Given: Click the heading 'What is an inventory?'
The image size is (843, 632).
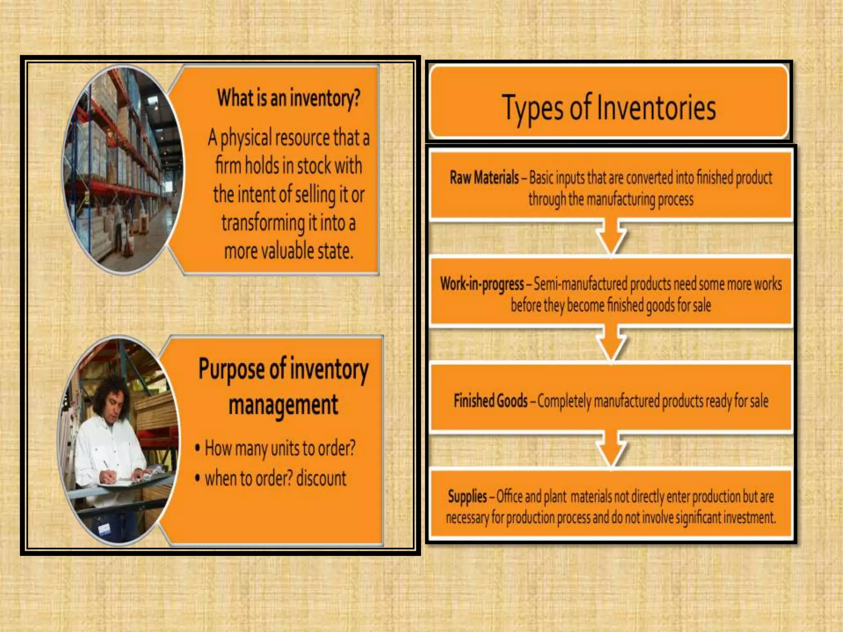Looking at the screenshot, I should (289, 98).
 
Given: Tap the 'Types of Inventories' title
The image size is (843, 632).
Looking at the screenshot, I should (609, 107).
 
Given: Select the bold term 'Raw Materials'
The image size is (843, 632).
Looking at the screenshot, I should (484, 178).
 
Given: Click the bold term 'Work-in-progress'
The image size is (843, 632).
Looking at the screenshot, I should (482, 284).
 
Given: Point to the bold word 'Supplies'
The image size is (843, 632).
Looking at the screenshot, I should (467, 497).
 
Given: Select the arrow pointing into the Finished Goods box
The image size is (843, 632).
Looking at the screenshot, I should (611, 344).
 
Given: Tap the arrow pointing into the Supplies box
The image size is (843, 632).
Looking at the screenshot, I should (611, 449).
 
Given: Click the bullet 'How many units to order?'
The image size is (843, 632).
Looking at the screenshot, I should (280, 448).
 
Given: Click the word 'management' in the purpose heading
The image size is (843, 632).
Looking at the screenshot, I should (283, 405).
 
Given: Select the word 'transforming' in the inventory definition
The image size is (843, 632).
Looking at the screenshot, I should (263, 223).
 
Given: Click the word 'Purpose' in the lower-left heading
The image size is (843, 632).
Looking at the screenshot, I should (231, 369).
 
